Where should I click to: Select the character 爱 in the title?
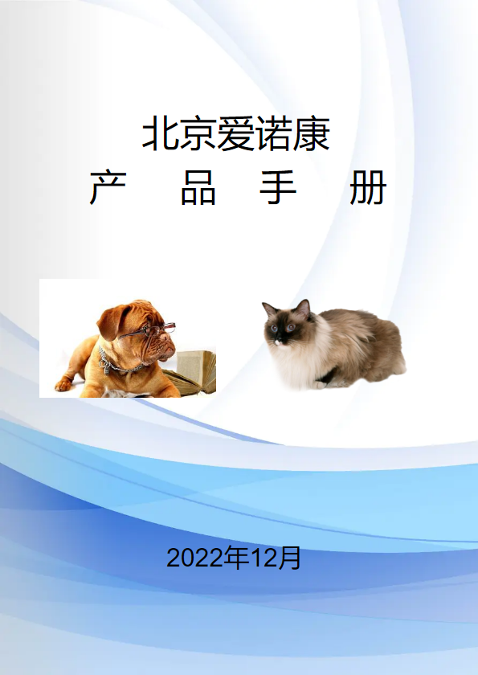(235, 133)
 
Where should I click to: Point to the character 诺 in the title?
(274, 133)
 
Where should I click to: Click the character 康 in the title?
(312, 133)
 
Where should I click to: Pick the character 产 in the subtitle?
(108, 187)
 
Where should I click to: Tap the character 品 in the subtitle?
(198, 187)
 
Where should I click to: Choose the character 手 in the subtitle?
(278, 187)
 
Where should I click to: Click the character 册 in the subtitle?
(368, 187)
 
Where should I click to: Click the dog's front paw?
(63, 384)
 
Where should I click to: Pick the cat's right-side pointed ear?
(303, 309)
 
